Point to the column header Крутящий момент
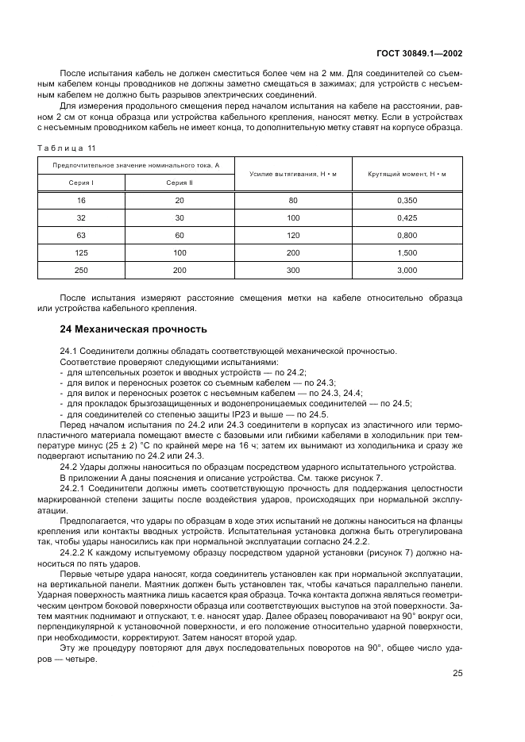[x=407, y=173]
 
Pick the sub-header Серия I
[x=81, y=182]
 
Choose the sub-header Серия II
[x=180, y=182]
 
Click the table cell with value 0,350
[x=407, y=201]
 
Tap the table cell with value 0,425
[x=407, y=218]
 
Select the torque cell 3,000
[x=407, y=271]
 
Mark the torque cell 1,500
[x=407, y=253]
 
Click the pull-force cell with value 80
[x=293, y=201]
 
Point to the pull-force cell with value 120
[x=293, y=236]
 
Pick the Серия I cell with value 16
[x=81, y=201]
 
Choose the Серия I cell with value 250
[x=81, y=271]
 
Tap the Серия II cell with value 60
[x=180, y=236]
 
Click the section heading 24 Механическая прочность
[x=133, y=329]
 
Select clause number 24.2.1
[x=73, y=489]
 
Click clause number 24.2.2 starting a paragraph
[x=73, y=550]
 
